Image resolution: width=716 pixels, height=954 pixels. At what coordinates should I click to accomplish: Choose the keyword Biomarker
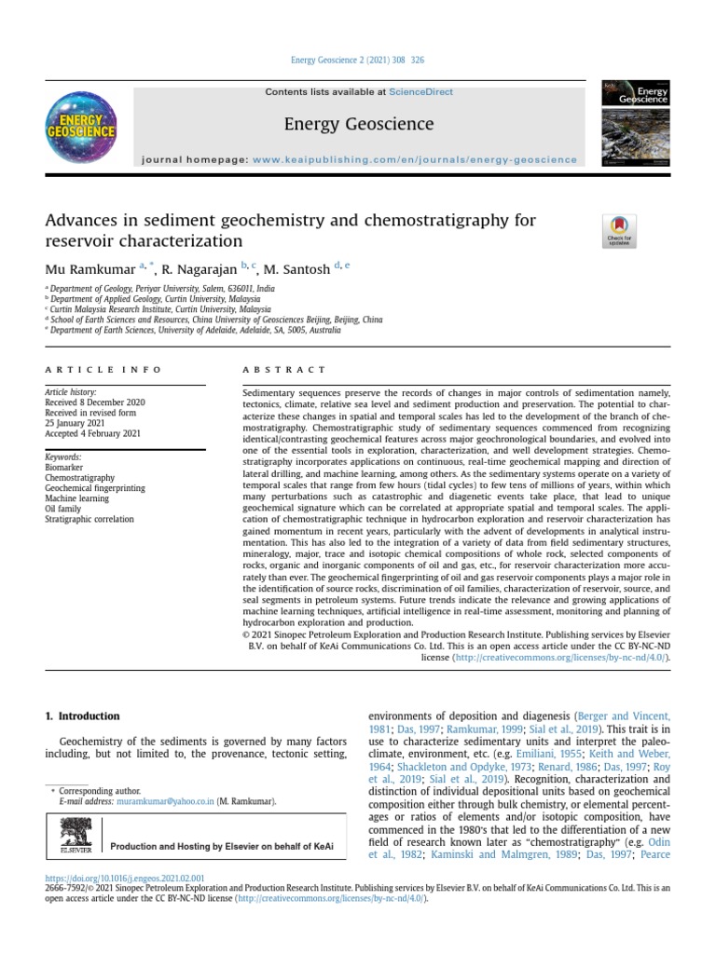(x=64, y=468)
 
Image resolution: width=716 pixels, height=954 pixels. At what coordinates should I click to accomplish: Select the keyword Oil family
(x=64, y=509)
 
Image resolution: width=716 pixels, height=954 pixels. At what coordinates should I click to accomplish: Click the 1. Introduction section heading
(x=82, y=716)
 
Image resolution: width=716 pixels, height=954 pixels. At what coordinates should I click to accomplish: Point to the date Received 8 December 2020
(x=94, y=402)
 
